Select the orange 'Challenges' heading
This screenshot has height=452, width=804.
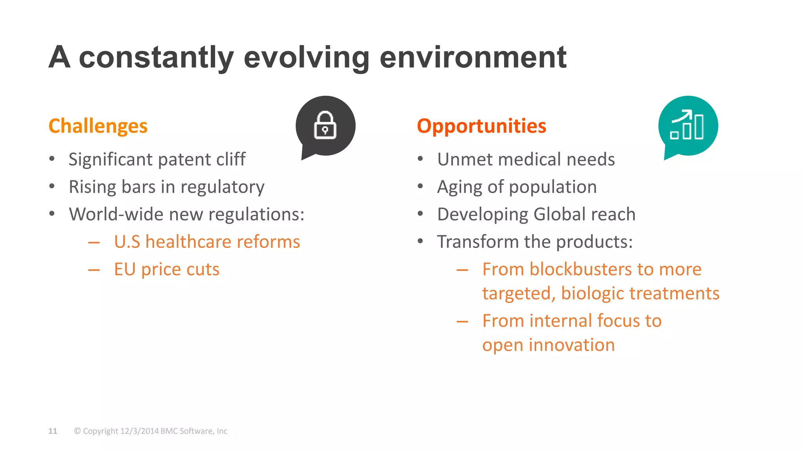(98, 126)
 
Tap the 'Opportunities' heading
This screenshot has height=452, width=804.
(481, 126)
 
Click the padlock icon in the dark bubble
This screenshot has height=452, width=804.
(325, 126)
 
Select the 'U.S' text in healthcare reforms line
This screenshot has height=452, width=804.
(127, 242)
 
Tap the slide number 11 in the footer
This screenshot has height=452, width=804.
(53, 431)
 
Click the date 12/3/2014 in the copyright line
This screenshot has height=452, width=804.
(139, 431)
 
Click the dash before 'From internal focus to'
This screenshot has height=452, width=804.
(462, 322)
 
